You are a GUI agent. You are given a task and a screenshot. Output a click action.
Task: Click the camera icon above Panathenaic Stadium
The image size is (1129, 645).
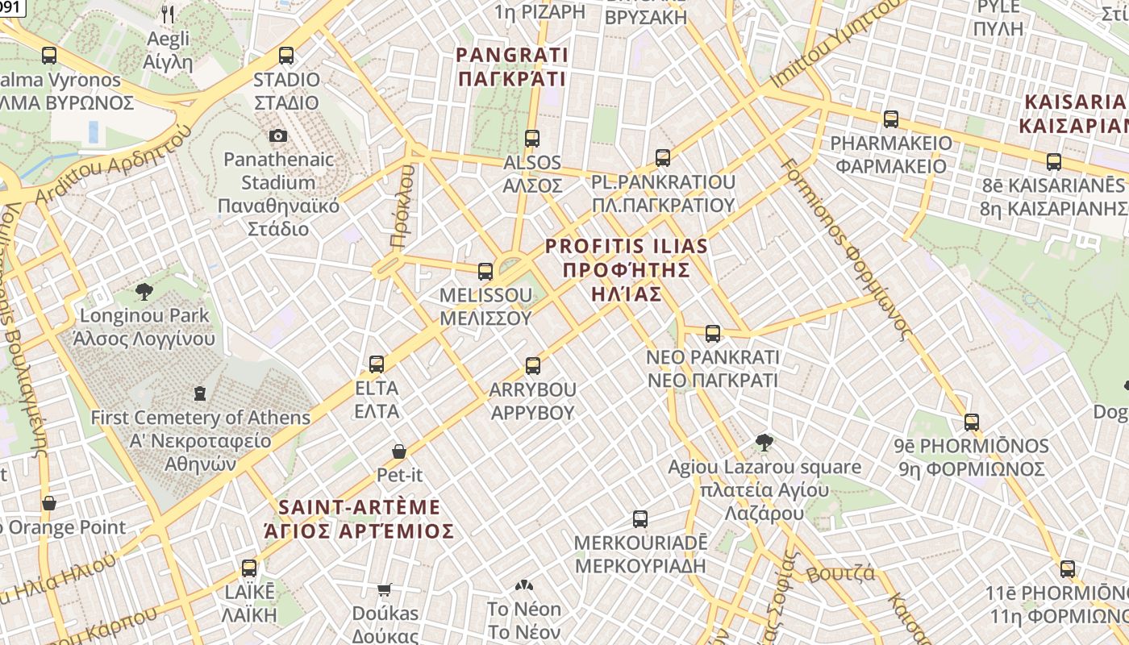(278, 135)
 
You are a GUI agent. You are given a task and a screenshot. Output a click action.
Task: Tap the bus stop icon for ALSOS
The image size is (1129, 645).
(531, 138)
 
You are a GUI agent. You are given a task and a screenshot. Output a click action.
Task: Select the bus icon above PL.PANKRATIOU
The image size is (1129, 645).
(663, 157)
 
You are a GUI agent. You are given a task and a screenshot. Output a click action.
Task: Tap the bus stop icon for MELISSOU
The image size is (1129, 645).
(485, 272)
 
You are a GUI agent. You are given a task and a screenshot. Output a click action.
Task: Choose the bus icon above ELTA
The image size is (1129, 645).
(377, 364)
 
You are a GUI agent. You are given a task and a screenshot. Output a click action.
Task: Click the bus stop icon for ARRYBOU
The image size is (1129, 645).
(532, 366)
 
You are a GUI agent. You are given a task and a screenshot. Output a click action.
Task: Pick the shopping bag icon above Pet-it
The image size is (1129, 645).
(399, 451)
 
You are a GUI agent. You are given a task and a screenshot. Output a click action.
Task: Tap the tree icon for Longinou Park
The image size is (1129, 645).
(144, 291)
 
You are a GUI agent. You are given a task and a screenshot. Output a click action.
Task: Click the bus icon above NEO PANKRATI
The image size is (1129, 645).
(713, 333)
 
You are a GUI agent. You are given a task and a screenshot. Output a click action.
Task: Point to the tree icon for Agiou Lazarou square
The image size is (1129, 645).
(764, 442)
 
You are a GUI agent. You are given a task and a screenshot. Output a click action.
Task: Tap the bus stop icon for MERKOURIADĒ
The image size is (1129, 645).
(640, 518)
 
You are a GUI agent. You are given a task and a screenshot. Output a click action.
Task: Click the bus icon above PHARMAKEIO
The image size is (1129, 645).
(891, 119)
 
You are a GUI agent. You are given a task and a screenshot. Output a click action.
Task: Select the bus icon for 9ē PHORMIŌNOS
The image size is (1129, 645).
(972, 422)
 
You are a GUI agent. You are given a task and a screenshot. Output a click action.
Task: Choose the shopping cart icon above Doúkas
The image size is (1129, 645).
(385, 590)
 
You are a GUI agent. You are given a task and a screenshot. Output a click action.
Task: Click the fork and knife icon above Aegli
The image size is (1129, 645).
(168, 14)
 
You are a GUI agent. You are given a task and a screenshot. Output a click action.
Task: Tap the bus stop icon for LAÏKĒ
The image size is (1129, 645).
(249, 568)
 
